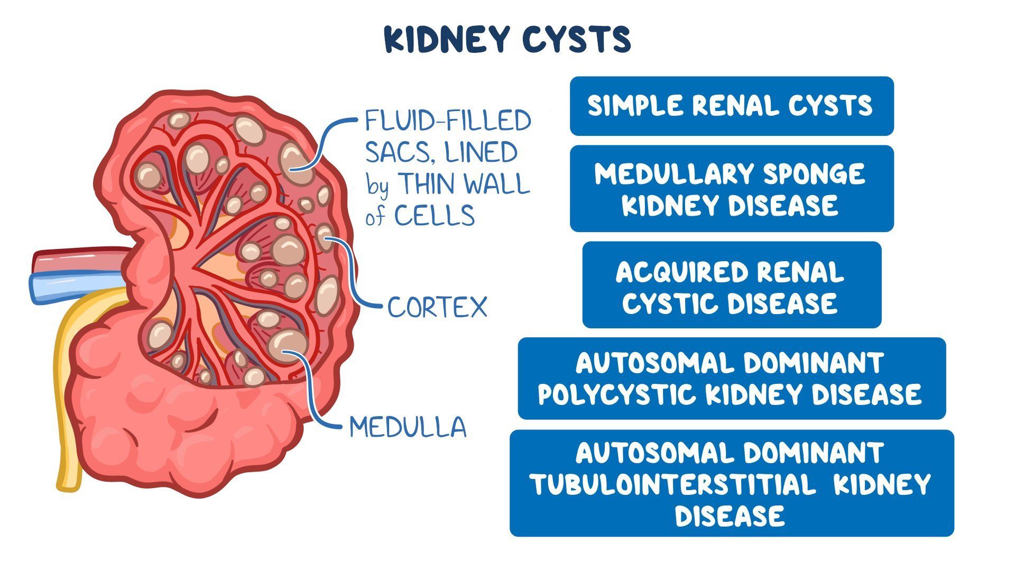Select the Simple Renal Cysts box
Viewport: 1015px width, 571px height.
(731, 106)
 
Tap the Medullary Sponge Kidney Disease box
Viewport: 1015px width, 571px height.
(731, 189)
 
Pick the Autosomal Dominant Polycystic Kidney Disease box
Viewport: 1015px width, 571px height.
(731, 379)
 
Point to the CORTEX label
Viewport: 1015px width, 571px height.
(437, 307)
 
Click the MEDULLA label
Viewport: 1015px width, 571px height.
(408, 427)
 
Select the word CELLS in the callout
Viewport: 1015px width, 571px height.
(435, 216)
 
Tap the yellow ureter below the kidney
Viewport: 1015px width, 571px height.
(68, 423)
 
